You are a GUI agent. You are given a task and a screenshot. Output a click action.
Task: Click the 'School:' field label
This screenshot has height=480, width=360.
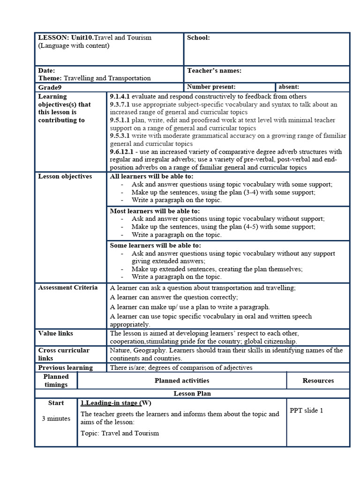click(198, 38)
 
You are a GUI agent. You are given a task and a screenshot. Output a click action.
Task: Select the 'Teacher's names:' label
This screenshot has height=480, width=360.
click(214, 71)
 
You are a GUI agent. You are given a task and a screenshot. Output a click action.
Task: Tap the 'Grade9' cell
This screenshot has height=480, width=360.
click(50, 87)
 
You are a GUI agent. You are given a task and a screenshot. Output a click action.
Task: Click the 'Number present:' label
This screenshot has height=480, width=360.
click(211, 87)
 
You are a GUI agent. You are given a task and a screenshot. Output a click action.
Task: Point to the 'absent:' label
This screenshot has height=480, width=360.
click(289, 87)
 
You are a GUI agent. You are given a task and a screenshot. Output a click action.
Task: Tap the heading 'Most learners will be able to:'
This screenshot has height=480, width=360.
click(155, 211)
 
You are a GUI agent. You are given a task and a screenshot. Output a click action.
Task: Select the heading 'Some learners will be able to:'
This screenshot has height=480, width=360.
click(155, 245)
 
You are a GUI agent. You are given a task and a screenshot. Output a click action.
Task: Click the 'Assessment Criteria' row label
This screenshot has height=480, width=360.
click(68, 287)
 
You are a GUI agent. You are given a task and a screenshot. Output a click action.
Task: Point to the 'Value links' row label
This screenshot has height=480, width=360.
click(56, 333)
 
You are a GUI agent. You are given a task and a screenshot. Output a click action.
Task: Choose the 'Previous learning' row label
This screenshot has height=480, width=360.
click(66, 367)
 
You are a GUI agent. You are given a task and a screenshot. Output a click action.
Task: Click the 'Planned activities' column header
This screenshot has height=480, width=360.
click(182, 381)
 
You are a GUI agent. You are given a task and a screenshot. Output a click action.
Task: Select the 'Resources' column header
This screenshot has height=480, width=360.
click(318, 381)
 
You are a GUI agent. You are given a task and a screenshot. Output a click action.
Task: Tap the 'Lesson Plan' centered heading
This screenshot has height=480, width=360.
click(192, 394)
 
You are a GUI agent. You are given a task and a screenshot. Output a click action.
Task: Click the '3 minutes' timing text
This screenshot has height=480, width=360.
click(56, 419)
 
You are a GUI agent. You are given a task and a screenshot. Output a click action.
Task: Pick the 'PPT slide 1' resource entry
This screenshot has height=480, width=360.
click(307, 411)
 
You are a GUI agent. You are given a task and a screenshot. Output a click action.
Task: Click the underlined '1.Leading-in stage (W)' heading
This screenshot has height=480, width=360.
click(116, 403)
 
